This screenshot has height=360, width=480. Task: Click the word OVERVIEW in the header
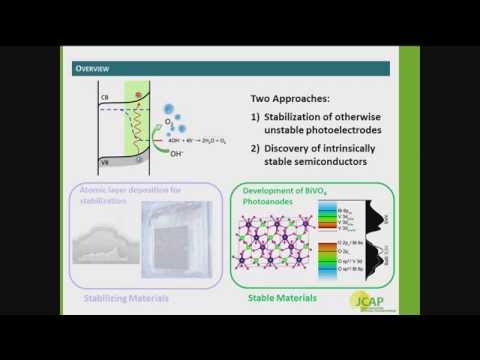[x=96, y=68]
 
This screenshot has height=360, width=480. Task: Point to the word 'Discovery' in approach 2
[x=299, y=160]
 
